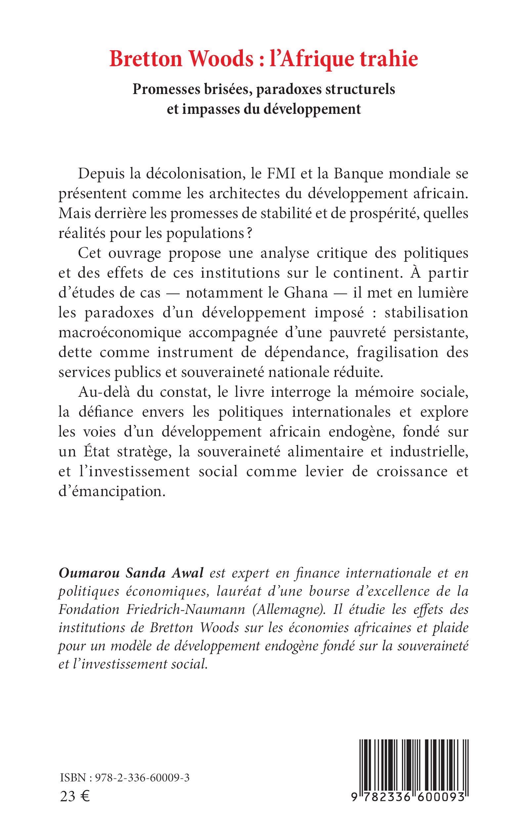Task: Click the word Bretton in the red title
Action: (x=146, y=59)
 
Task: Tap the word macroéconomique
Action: (x=120, y=333)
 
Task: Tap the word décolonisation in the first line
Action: (x=194, y=174)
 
